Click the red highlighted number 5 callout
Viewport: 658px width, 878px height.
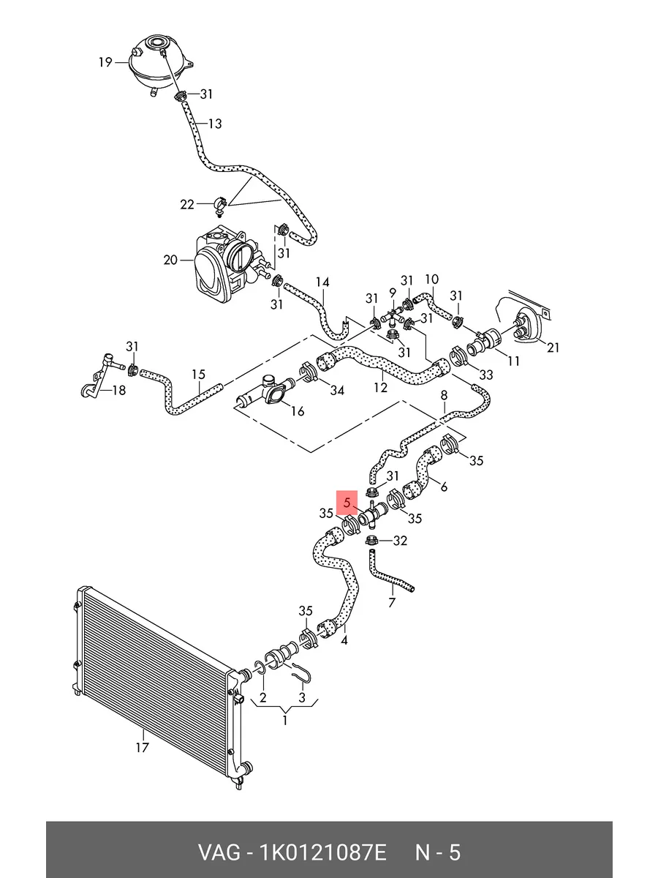coord(347,503)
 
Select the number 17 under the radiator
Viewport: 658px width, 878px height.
coord(142,747)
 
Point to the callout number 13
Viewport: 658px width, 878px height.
coord(214,124)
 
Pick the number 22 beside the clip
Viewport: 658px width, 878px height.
coord(187,204)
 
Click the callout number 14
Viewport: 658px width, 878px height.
coord(322,282)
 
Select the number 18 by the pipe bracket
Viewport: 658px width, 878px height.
coord(118,390)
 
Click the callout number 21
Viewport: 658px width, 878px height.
coord(553,348)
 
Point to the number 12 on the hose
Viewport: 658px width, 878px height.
coord(380,387)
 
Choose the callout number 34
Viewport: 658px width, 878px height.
coord(336,390)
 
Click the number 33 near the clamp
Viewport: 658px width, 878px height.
coord(485,375)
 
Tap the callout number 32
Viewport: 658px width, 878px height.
coord(399,541)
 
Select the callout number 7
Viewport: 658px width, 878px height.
coord(392,602)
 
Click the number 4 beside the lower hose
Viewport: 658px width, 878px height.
coord(344,639)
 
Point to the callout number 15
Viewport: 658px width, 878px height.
coord(198,375)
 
